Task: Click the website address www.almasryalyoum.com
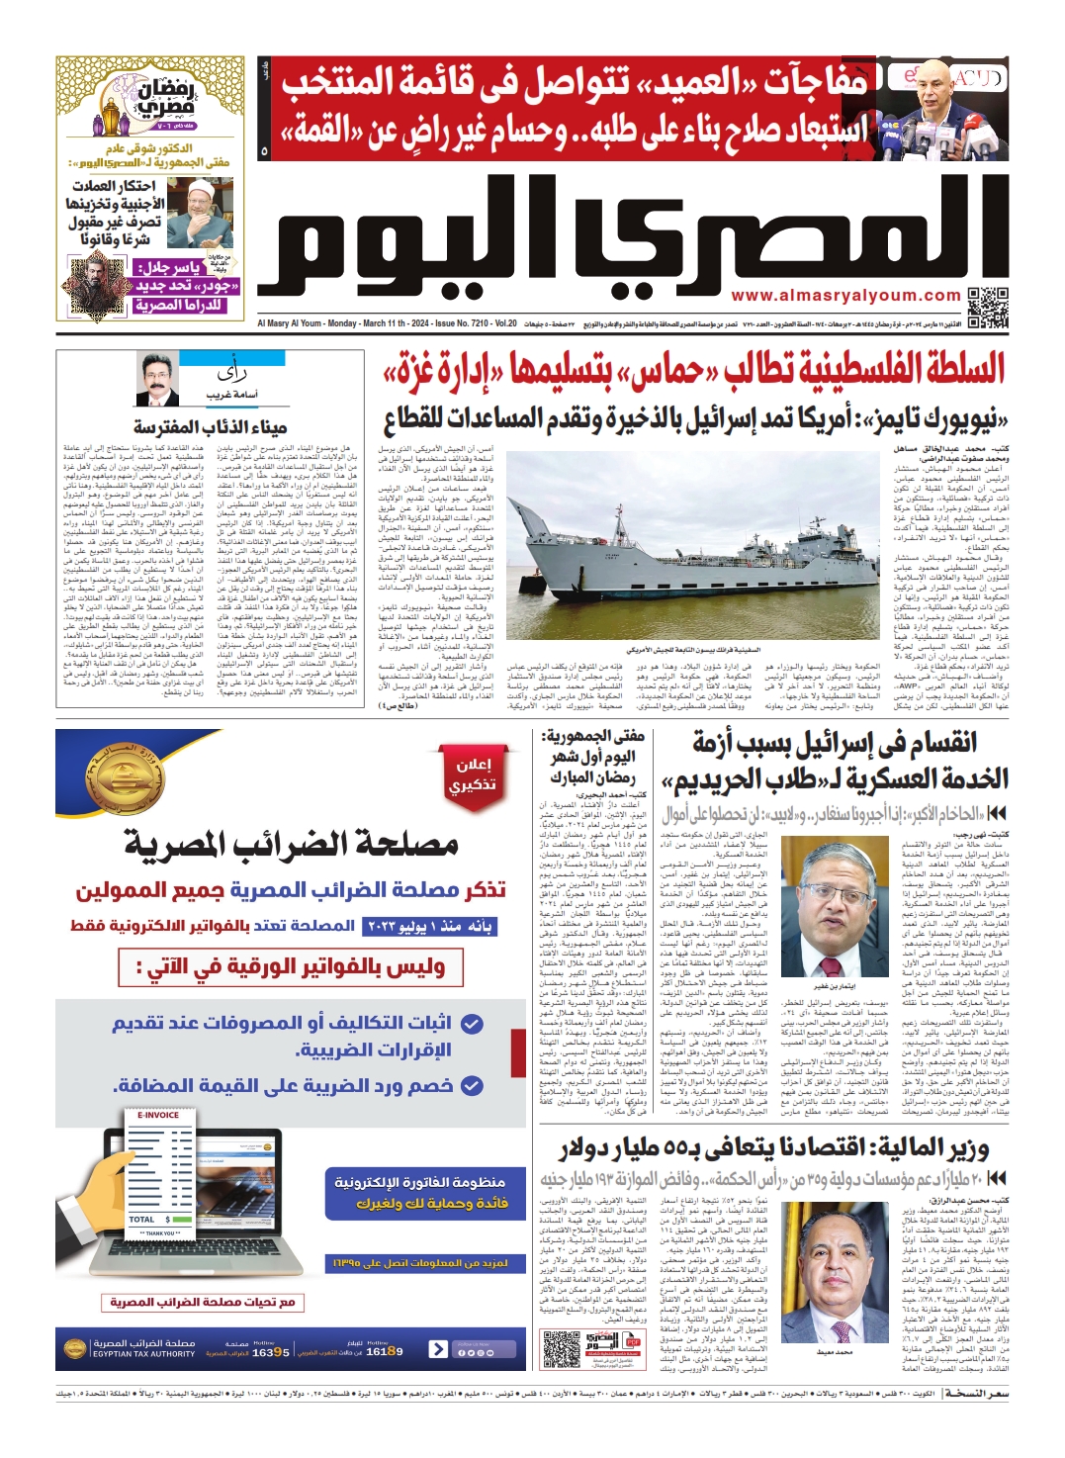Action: [845, 296]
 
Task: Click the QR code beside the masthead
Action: [987, 308]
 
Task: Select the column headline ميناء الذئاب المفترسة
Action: [210, 427]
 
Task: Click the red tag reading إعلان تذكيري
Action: [475, 775]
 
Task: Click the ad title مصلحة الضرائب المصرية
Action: [292, 844]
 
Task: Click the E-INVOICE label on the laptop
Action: [158, 1115]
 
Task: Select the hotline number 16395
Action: [270, 1352]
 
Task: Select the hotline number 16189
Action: [385, 1351]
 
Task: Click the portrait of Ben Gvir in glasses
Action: [834, 911]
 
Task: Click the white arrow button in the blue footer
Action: [438, 1349]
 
